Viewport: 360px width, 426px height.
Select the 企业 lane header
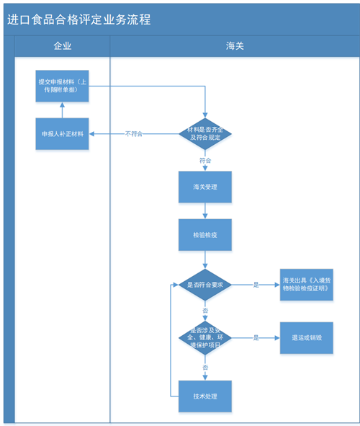(63, 46)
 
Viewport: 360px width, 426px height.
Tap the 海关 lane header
(235, 46)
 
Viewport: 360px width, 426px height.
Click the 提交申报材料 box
(62, 86)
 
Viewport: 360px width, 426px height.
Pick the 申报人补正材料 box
(62, 134)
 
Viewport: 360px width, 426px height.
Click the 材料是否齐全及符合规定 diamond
(205, 133)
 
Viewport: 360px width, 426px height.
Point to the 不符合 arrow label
(135, 134)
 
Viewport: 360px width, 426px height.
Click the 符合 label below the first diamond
(205, 160)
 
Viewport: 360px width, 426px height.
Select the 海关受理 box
(205, 187)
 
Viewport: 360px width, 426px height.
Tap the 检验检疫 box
(205, 235)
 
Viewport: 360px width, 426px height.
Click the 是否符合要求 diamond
(205, 285)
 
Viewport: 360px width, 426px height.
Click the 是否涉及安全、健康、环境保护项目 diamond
(205, 337)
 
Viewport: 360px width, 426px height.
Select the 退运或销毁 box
(307, 337)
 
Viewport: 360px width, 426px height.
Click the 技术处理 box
(205, 396)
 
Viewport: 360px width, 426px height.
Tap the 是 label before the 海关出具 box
(256, 285)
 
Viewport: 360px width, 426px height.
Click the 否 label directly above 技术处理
(205, 368)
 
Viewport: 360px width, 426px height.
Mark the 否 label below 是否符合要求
(205, 310)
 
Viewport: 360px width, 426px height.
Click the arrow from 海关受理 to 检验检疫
(205, 210)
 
